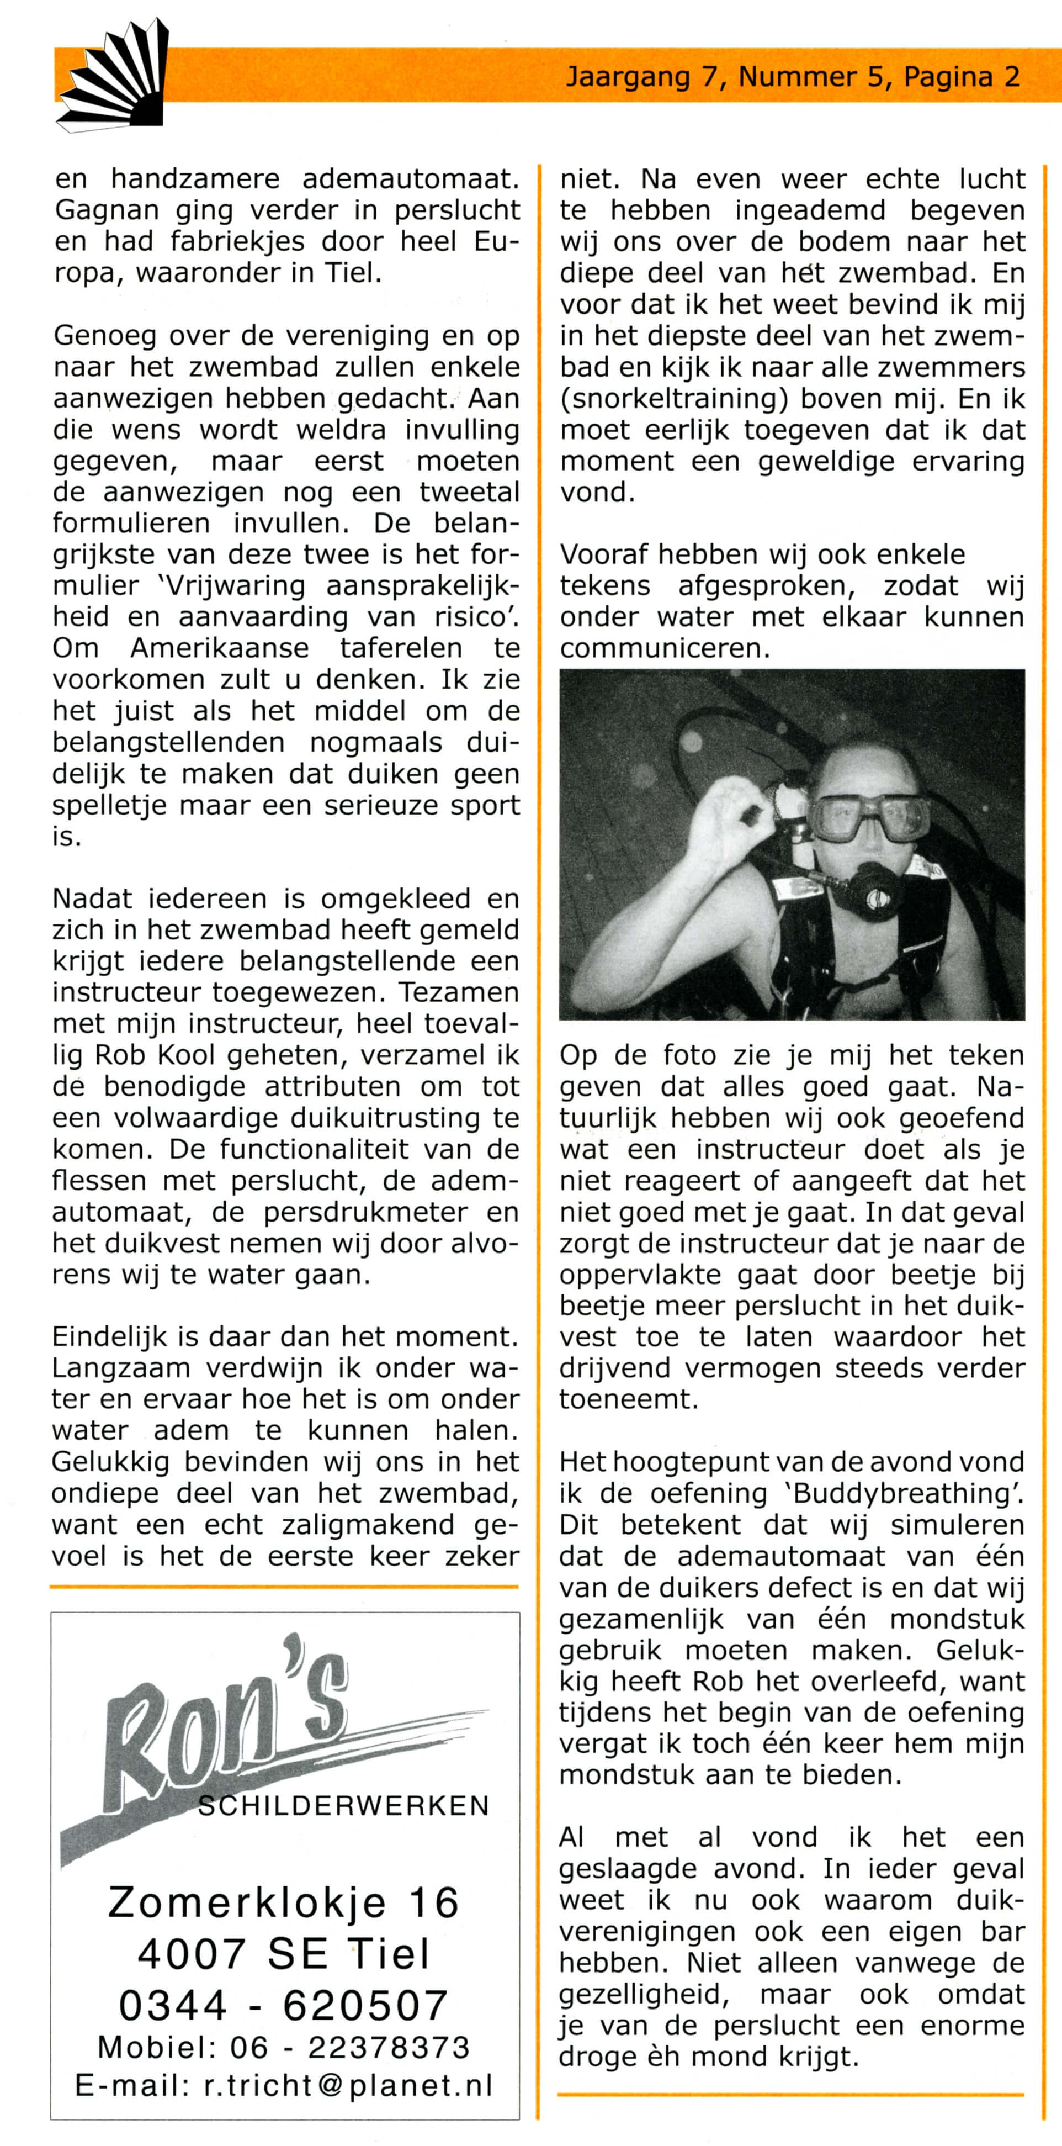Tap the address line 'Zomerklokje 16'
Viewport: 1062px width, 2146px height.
[x=284, y=1904]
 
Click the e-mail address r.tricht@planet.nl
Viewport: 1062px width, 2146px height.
[x=348, y=2085]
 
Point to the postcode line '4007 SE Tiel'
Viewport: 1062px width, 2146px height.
[x=284, y=1954]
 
